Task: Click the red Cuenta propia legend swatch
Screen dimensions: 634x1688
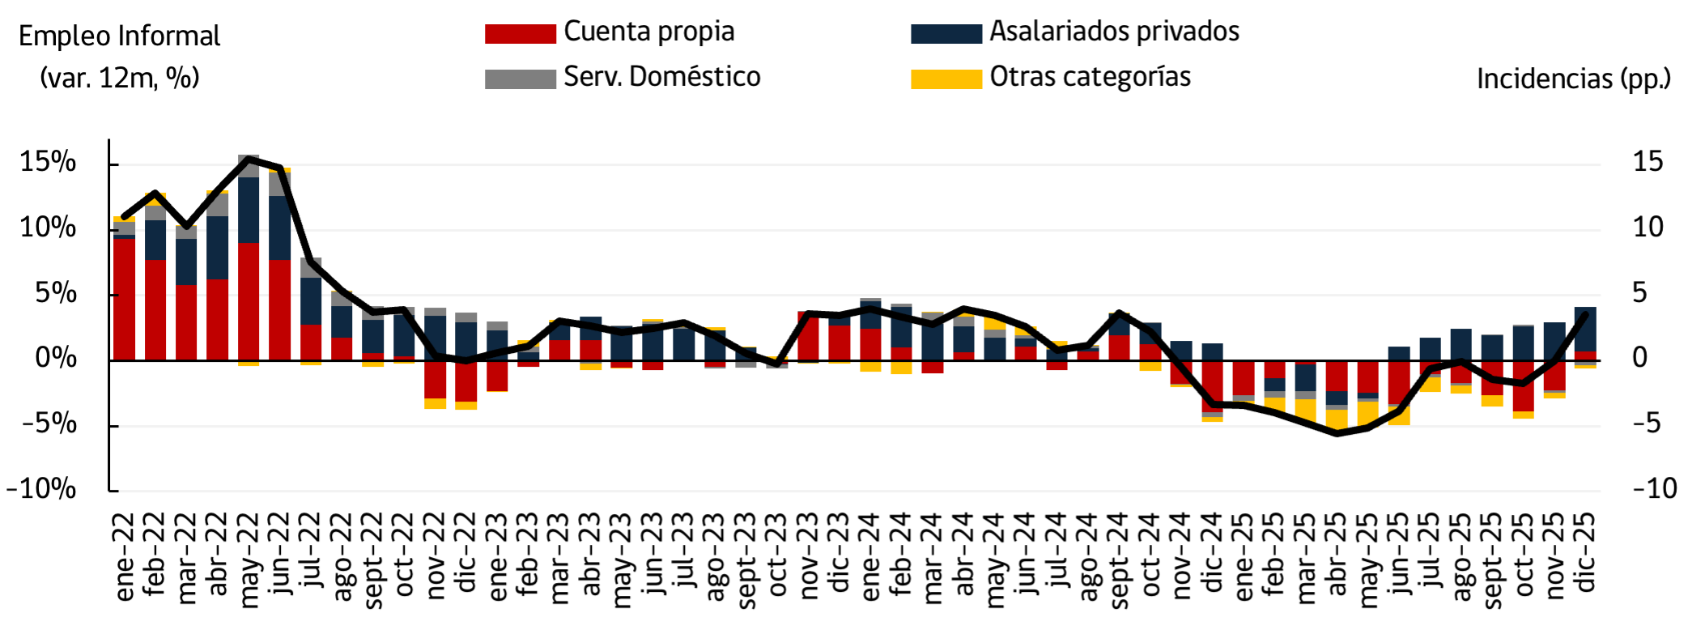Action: click(520, 33)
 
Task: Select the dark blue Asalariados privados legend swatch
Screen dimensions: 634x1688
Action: click(946, 33)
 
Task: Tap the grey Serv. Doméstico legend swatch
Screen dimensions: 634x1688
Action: click(520, 79)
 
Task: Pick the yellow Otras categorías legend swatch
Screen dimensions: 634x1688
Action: click(946, 79)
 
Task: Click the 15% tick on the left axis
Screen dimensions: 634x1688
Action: click(48, 162)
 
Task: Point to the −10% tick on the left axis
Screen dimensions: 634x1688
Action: click(41, 489)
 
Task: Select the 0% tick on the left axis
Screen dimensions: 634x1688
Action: click(55, 358)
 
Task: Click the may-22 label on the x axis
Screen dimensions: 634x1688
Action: click(249, 559)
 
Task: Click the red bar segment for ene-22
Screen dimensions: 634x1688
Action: click(125, 300)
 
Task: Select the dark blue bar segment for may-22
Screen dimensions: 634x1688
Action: click(249, 209)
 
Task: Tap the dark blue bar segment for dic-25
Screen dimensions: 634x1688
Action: click(1585, 329)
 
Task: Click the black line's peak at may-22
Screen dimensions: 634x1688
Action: click(249, 159)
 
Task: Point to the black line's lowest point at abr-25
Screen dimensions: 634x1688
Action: click(1337, 433)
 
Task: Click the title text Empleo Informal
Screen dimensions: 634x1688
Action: click(119, 36)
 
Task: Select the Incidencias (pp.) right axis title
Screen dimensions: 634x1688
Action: click(1573, 79)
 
